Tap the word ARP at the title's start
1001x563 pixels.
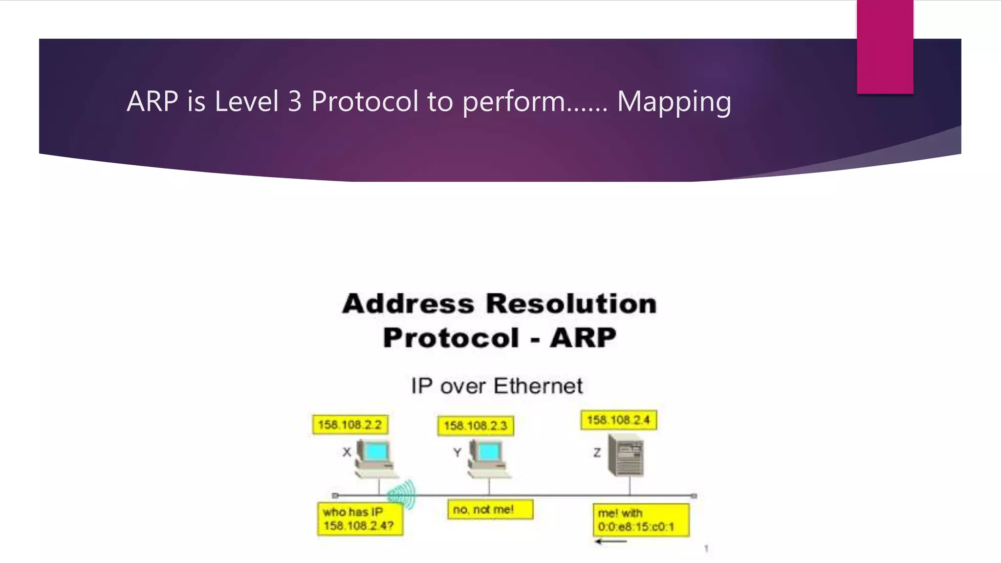click(152, 102)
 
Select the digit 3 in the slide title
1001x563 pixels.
click(295, 102)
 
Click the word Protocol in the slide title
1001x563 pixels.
click(365, 102)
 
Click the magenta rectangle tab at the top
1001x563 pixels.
click(885, 46)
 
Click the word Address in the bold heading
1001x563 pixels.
click(408, 303)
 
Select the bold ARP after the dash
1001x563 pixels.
click(583, 338)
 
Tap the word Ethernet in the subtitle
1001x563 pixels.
click(538, 386)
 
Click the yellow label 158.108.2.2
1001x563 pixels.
click(350, 425)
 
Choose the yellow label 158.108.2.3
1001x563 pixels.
click(476, 426)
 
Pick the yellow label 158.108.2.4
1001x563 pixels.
click(618, 420)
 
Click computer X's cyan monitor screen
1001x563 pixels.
click(376, 452)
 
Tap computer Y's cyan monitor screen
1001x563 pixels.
click(488, 452)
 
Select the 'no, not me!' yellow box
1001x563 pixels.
click(490, 510)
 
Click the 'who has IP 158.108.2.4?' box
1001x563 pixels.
click(360, 519)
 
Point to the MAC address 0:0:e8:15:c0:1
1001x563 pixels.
click(636, 527)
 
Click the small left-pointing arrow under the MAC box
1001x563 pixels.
click(610, 541)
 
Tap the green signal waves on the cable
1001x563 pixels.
click(402, 494)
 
